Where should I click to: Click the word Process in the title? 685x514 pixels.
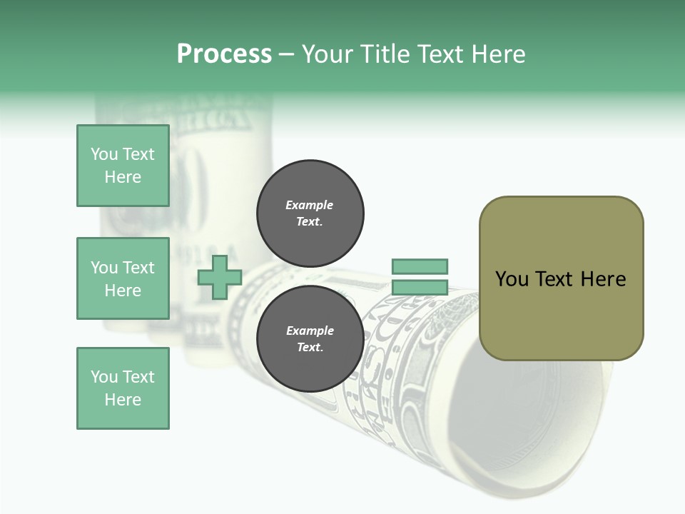(224, 54)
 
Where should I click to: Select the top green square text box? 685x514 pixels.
(123, 166)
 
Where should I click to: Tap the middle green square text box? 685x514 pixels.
(123, 278)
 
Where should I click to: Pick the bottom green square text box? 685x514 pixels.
(123, 388)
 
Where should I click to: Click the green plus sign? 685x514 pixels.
(220, 277)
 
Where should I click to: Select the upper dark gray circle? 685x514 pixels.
(310, 213)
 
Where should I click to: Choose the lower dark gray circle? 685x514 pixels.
(310, 339)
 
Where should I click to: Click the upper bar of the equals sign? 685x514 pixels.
(420, 266)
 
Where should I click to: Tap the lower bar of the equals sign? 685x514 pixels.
(420, 288)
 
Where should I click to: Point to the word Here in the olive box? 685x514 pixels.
(603, 279)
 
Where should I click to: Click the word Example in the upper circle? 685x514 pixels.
(309, 205)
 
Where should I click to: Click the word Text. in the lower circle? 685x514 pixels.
(310, 348)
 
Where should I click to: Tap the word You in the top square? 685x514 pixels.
(104, 154)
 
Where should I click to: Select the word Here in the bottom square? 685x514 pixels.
(123, 400)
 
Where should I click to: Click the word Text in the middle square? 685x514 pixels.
(138, 268)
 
